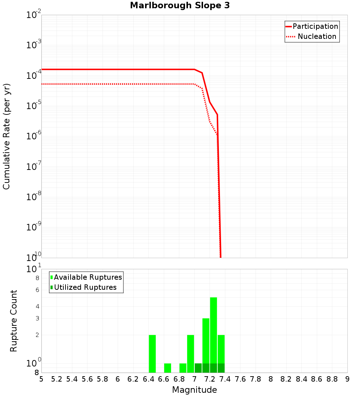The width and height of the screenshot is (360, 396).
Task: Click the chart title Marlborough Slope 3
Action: [x=180, y=6]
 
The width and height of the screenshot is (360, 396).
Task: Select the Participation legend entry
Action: [x=315, y=26]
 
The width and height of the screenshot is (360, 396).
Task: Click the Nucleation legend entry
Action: [x=317, y=36]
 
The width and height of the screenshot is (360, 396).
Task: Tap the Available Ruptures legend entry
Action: [x=88, y=277]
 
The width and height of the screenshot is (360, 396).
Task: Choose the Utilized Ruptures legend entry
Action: [x=85, y=287]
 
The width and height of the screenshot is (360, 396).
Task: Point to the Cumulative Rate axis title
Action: [x=6, y=136]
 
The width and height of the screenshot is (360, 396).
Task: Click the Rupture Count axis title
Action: [x=14, y=321]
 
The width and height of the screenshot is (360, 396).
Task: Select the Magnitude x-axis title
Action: [x=194, y=390]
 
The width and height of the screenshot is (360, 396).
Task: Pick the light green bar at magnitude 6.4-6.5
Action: [x=152, y=354]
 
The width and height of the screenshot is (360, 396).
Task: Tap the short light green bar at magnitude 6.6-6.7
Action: [x=167, y=368]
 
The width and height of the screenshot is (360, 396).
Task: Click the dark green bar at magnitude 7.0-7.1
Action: [x=198, y=368]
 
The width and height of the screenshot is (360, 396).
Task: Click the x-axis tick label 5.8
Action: [x=103, y=379]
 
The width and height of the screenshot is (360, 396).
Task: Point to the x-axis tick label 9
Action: [x=347, y=379]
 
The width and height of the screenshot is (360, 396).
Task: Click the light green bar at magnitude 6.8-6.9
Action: [x=183, y=368]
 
